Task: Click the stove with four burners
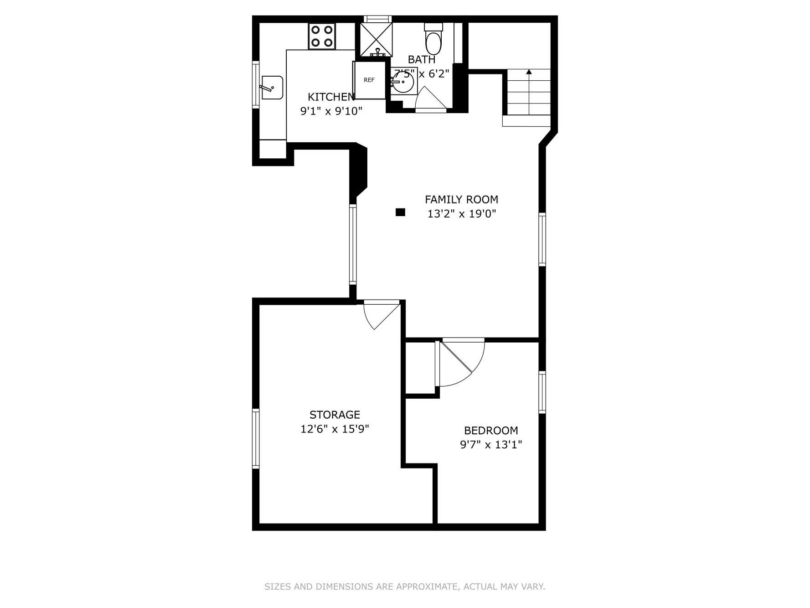[x=322, y=36]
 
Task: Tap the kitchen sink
[x=272, y=88]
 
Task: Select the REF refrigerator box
[x=369, y=80]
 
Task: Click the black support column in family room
[x=400, y=212]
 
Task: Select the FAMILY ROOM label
[x=461, y=199]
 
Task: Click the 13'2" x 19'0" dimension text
[x=461, y=213]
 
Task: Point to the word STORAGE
[x=335, y=415]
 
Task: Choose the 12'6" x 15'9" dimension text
[x=335, y=429]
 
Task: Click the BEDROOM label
[x=491, y=430]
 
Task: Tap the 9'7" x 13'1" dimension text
[x=491, y=444]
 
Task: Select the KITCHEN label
[x=331, y=97]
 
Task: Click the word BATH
[x=422, y=59]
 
